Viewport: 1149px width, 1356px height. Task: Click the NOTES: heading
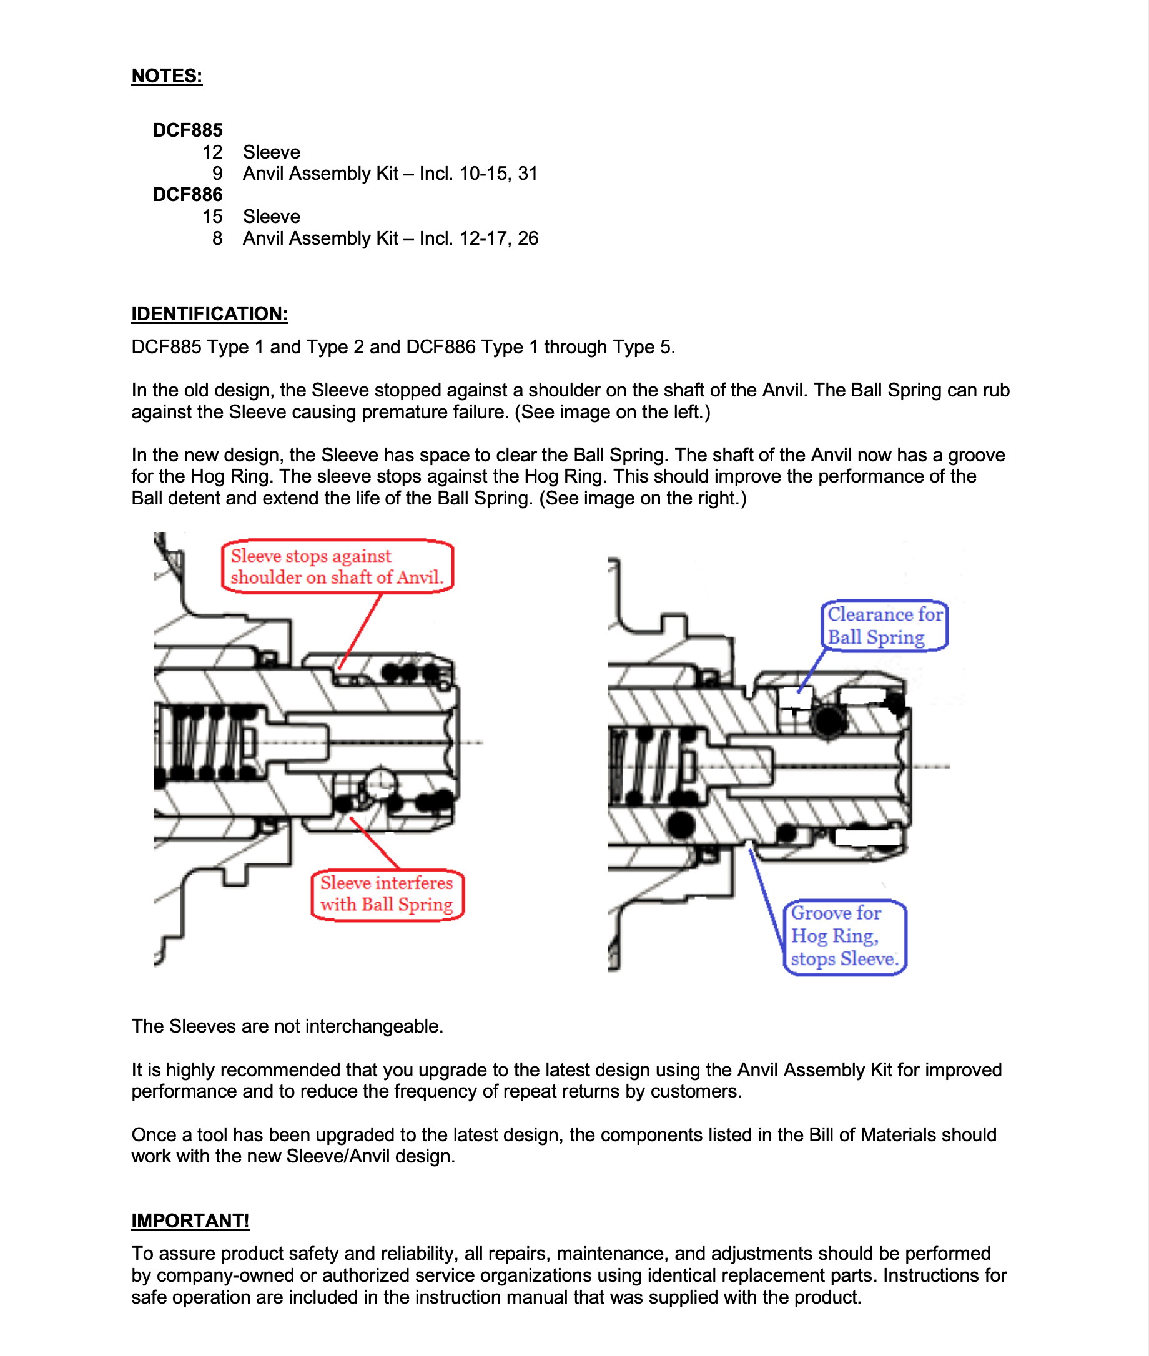point(167,76)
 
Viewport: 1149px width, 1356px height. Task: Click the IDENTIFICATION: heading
point(209,314)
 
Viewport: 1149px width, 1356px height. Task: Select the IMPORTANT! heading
point(190,1221)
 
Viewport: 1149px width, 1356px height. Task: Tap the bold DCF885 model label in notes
point(187,130)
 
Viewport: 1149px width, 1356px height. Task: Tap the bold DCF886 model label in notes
point(187,195)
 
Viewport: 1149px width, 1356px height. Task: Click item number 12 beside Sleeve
point(212,152)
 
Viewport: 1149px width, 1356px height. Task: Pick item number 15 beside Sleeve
point(212,217)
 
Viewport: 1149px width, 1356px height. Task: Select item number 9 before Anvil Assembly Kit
point(217,174)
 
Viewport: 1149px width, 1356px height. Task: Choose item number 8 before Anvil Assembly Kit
point(217,238)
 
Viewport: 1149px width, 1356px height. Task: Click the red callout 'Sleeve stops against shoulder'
point(337,567)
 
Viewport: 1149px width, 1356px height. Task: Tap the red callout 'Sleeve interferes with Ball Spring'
point(387,894)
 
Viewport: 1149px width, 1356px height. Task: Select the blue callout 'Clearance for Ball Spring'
point(884,625)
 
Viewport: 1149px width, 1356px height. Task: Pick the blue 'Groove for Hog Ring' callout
point(844,936)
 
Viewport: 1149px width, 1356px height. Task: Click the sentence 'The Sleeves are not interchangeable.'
point(287,1026)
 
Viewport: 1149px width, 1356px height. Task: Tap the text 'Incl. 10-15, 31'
point(479,174)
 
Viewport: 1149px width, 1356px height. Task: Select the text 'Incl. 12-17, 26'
point(479,238)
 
